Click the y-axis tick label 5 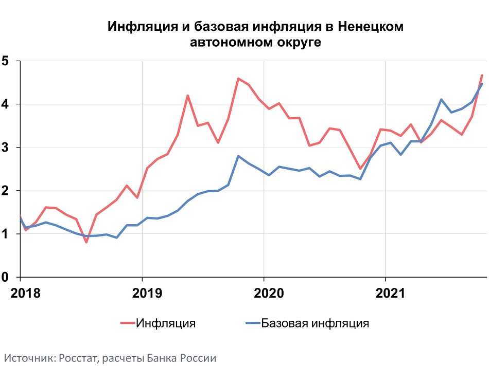click(6, 61)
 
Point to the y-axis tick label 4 click(6, 104)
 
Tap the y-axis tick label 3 click(6, 148)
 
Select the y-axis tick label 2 click(6, 191)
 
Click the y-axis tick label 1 click(6, 234)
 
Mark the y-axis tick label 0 click(6, 277)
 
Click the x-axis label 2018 click(20, 293)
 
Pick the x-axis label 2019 click(142, 293)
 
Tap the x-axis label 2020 click(264, 293)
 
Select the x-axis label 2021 click(386, 293)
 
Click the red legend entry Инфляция click(165, 323)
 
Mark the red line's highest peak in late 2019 click(238, 79)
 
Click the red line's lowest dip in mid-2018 click(86, 242)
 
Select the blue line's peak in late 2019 click(238, 156)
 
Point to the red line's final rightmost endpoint click(482, 75)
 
